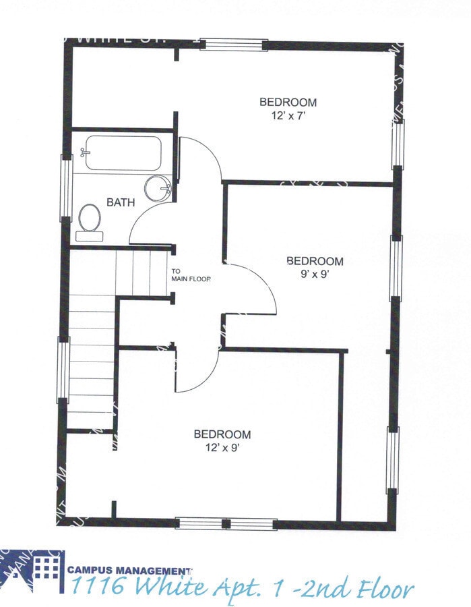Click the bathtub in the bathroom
pos(122,154)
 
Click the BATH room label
pos(121,202)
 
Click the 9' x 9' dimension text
pos(315,274)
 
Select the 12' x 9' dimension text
pos(222,446)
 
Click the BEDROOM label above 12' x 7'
pos(288,102)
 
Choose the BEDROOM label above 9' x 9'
pos(315,261)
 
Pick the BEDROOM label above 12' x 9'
pos(222,434)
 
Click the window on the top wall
pos(234,45)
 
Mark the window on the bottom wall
pos(226,523)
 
